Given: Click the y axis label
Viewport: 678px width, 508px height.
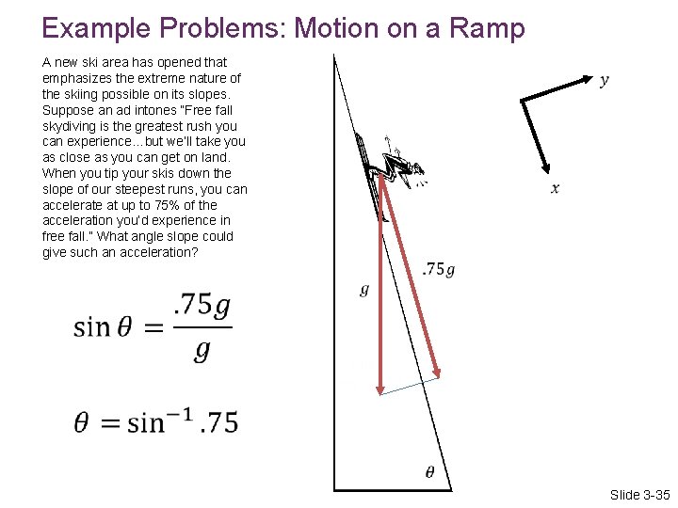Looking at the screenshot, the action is pos(604,80).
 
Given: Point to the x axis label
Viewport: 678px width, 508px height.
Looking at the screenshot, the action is pos(555,189).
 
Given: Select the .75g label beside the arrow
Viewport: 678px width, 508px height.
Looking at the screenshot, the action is pos(438,270).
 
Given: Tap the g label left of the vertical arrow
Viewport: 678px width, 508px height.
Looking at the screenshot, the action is pos(364,290).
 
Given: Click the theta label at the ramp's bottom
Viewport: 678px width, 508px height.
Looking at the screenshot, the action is pos(429,472).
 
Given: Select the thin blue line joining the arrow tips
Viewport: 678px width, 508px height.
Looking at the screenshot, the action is pos(409,385).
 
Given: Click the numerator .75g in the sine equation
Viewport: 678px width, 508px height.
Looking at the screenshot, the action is pos(202,307).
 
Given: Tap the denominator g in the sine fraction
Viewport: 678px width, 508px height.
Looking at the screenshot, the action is pos(201,351).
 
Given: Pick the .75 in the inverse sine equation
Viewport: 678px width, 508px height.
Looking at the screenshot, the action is pos(218,423).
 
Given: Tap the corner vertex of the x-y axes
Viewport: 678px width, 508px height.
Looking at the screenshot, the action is pos(522,100).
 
